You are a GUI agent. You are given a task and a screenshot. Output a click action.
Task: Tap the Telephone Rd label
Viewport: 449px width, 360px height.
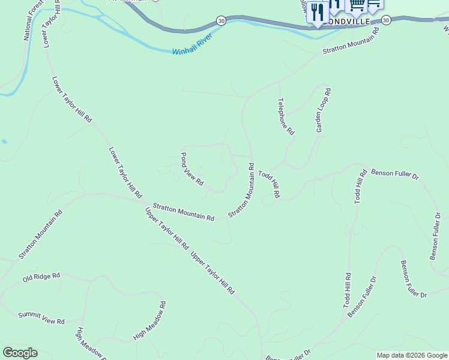[x=286, y=116]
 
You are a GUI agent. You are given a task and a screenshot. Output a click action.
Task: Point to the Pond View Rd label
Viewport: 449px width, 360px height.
[x=192, y=169]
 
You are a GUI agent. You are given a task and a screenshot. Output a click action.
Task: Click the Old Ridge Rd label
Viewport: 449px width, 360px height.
[x=41, y=277]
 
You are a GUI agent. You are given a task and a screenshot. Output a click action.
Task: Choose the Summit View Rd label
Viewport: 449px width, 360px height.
[x=41, y=318]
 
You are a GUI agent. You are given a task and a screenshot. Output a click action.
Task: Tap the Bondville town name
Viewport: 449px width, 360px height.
[x=355, y=21]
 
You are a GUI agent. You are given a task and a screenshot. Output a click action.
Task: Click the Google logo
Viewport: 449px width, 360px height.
[x=20, y=353]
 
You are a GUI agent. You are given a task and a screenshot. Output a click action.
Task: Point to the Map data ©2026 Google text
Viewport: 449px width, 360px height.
[x=412, y=355]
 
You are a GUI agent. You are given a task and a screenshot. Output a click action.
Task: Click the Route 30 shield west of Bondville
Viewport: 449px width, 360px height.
[x=221, y=21]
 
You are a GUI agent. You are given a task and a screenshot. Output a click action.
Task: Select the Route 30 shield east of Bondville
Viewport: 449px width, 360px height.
[x=385, y=20]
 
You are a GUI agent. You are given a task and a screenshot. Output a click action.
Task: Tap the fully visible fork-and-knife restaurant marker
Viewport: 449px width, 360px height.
[x=317, y=12]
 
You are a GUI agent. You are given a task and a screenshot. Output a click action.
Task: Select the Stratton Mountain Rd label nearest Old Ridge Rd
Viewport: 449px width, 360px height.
[x=40, y=234]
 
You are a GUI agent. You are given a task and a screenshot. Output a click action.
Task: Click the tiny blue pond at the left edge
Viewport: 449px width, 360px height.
[x=4, y=142]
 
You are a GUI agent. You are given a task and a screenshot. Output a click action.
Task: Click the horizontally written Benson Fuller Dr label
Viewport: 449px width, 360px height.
[x=394, y=173]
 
